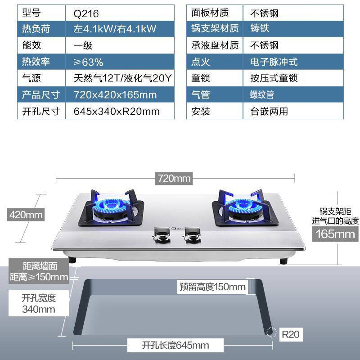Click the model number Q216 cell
(x=86, y=13)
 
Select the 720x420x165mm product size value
(x=115, y=95)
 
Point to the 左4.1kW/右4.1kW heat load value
(x=115, y=29)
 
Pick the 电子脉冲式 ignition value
(x=274, y=62)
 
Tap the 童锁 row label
(x=201, y=78)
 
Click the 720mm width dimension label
(x=174, y=178)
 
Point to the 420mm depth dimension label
(x=26, y=215)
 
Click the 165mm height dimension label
(x=335, y=234)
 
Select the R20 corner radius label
(x=290, y=334)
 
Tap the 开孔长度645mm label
(x=175, y=346)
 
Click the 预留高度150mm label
(x=212, y=287)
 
